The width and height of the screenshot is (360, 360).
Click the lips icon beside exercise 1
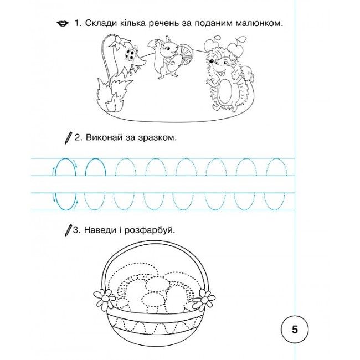(63, 24)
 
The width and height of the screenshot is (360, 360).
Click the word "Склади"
(101, 23)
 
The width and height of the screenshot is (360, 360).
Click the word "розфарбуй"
(150, 230)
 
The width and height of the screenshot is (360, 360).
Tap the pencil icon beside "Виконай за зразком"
(68, 138)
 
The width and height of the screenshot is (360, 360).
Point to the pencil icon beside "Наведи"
(68, 230)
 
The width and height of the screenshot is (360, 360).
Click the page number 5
(295, 330)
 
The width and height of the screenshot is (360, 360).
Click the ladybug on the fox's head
(130, 55)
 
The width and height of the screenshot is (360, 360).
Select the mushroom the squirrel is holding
(186, 55)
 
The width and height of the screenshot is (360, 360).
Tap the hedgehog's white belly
(224, 91)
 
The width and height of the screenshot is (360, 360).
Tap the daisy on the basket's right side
(204, 299)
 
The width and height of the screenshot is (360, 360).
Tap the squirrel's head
(169, 45)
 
